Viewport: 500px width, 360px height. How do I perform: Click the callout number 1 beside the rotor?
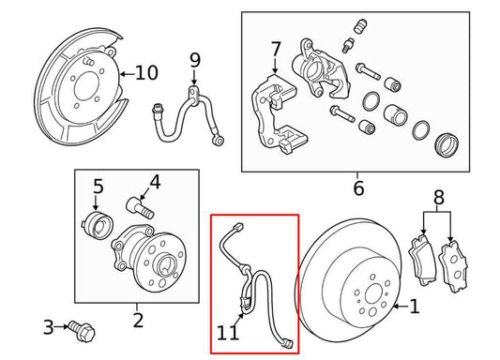pos(416,306)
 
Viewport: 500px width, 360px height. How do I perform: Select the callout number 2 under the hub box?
pos(137,322)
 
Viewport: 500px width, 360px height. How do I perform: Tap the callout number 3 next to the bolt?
pos(49,327)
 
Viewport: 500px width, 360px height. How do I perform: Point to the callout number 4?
pos(155,181)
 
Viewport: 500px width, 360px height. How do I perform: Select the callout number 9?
pos(195,61)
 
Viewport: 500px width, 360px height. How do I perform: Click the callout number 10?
pos(146,72)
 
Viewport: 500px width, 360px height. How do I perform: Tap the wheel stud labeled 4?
pos(138,204)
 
